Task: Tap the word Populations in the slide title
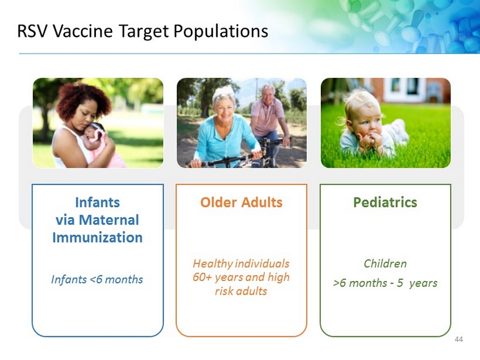[x=221, y=32]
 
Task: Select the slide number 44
[x=459, y=339]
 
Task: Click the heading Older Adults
[x=241, y=203]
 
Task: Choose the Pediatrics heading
[x=385, y=203]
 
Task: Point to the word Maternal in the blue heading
[x=108, y=220]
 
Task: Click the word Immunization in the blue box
[x=97, y=238]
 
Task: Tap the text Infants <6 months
[x=97, y=279]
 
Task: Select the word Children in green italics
[x=385, y=264]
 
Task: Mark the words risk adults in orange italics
[x=241, y=291]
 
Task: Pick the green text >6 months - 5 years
[x=385, y=283]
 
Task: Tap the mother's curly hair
[x=83, y=99]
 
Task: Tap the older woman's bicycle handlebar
[x=226, y=161]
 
